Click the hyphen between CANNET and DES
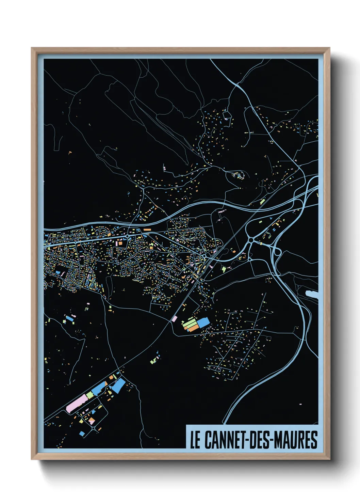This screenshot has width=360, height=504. click(248, 440)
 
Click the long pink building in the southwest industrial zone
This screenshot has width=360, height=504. click(76, 404)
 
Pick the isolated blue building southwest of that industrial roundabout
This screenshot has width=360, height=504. click(82, 434)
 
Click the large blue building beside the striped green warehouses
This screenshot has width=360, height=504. click(203, 322)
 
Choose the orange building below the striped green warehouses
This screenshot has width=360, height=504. click(193, 329)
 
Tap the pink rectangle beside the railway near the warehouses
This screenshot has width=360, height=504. click(174, 319)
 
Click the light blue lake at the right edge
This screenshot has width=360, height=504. click(312, 295)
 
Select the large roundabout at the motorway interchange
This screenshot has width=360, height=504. click(251, 240)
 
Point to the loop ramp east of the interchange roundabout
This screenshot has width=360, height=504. click(276, 252)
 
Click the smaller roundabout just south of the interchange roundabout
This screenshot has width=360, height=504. click(249, 259)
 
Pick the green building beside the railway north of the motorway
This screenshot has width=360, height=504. click(262, 202)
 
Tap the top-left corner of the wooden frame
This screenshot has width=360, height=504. click(32, 48)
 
